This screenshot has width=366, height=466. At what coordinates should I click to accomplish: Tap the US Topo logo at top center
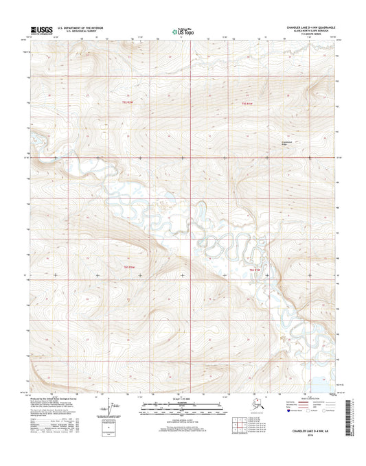[183, 31]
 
